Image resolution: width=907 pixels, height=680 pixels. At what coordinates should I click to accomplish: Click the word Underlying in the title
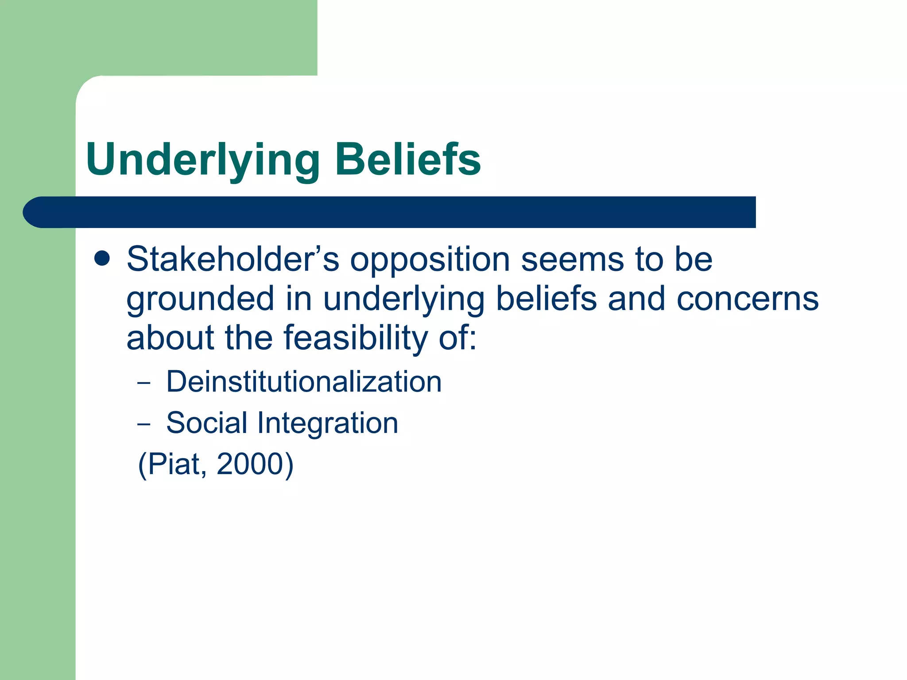coord(203,160)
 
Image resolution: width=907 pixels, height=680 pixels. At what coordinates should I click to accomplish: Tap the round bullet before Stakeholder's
coord(102,259)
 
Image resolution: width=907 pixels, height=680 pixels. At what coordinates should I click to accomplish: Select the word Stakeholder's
coord(233,259)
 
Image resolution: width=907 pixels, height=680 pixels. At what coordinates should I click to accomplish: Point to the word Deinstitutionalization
coord(304,382)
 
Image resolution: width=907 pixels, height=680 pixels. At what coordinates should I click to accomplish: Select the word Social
coord(206,423)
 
